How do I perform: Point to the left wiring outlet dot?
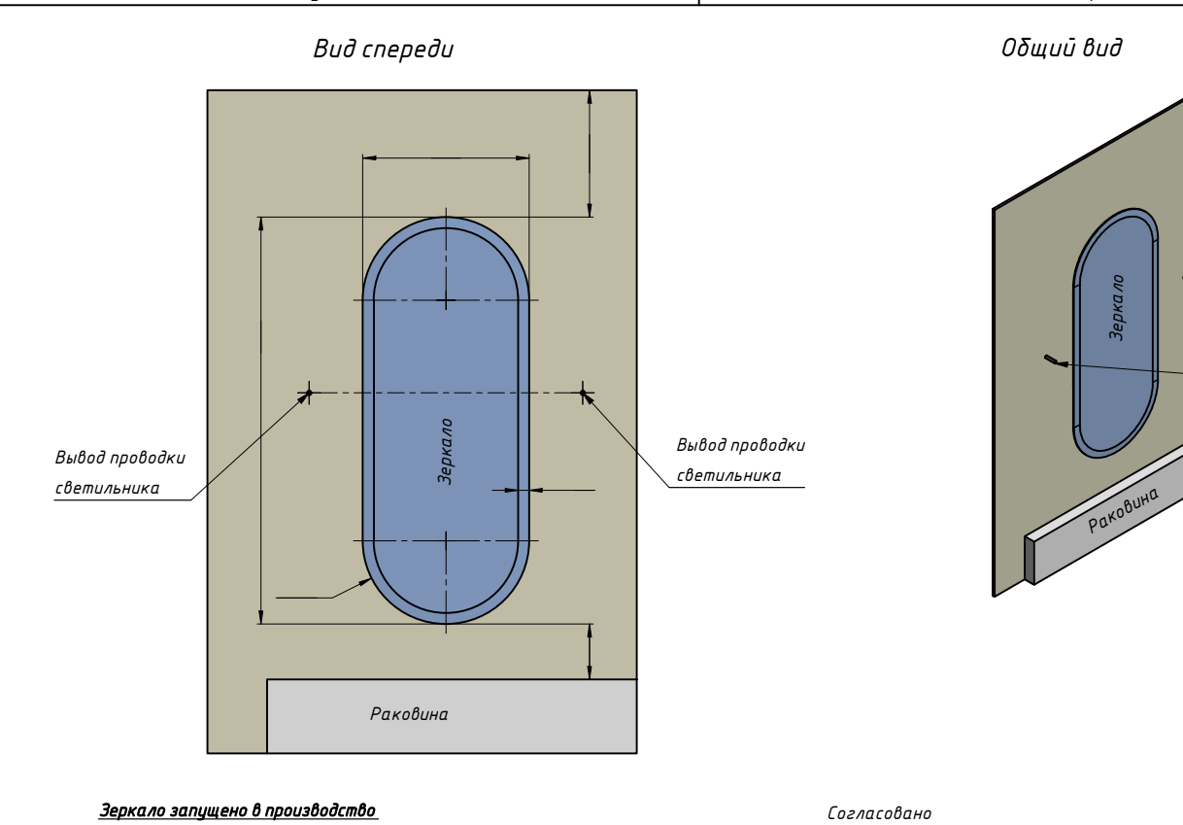coord(309,393)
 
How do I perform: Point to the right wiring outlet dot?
coord(584,393)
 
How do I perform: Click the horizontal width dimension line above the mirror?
coord(445,155)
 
